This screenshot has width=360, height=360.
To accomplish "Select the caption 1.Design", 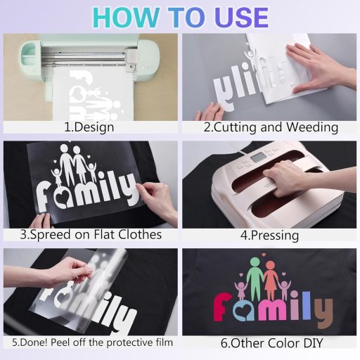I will [x=89, y=127].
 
